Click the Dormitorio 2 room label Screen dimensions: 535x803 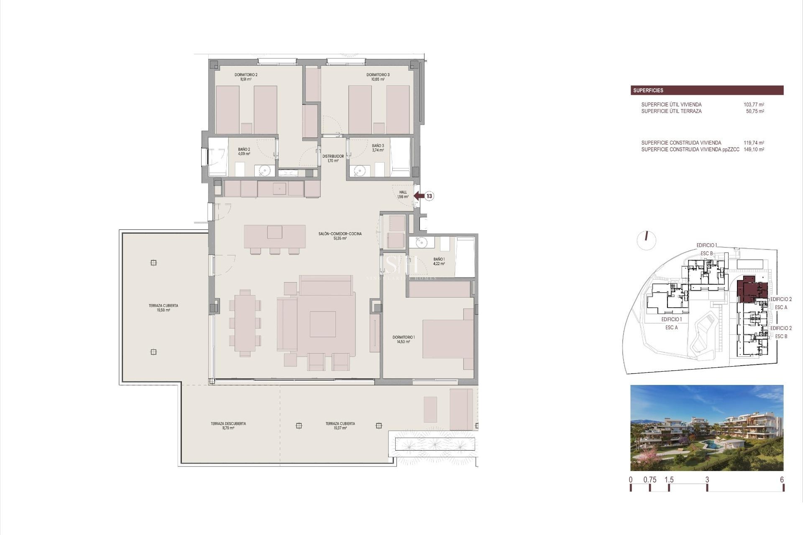(246, 77)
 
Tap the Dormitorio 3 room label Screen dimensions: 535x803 (378, 77)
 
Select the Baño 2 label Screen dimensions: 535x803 (244, 151)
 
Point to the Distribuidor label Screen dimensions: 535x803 (333, 158)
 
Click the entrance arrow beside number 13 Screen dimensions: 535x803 (419, 196)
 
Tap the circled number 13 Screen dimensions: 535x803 (429, 196)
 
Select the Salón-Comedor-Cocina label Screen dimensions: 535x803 (340, 236)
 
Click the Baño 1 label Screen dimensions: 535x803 (439, 262)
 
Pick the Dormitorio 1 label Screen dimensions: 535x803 (403, 339)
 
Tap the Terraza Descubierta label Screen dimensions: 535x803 (228, 425)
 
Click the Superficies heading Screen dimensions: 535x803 (648, 90)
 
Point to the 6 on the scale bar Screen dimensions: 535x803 (782, 480)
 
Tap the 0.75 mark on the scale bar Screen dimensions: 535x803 (650, 480)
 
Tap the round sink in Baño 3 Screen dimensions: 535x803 (359, 171)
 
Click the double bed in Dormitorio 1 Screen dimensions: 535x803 (448, 339)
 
